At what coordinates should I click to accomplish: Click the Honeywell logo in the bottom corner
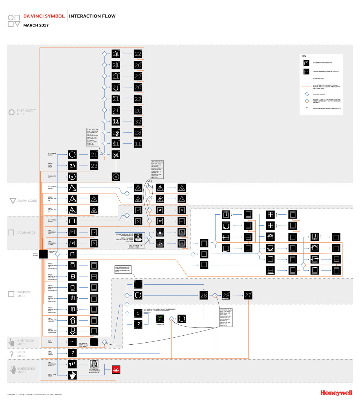[x=336, y=393]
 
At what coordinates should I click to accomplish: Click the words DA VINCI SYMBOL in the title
[x=44, y=16]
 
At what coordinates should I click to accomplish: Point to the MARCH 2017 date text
[x=36, y=25]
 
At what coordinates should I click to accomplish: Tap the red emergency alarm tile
[x=116, y=369]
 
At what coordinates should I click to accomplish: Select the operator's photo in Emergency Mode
[x=94, y=364]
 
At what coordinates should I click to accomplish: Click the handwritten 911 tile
[x=73, y=364]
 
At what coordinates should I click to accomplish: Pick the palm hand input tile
[x=73, y=375]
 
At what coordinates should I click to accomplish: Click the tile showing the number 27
[x=248, y=295]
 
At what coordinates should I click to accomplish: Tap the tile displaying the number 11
[x=138, y=144]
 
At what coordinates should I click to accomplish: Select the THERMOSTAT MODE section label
[x=26, y=112]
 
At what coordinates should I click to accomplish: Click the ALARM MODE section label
[x=27, y=201]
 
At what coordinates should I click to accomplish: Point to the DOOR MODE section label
[x=26, y=233]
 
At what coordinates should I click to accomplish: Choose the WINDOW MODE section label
[x=23, y=294]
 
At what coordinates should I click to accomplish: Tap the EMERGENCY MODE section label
[x=26, y=370]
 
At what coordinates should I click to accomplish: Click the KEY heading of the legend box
[x=304, y=56]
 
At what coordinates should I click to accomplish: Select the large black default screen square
[x=43, y=254]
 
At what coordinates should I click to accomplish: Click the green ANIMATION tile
[x=160, y=319]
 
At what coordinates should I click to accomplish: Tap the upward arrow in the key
[x=307, y=109]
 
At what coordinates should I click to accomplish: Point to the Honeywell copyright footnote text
[x=34, y=395]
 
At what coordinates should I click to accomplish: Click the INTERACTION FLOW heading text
[x=92, y=16]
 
